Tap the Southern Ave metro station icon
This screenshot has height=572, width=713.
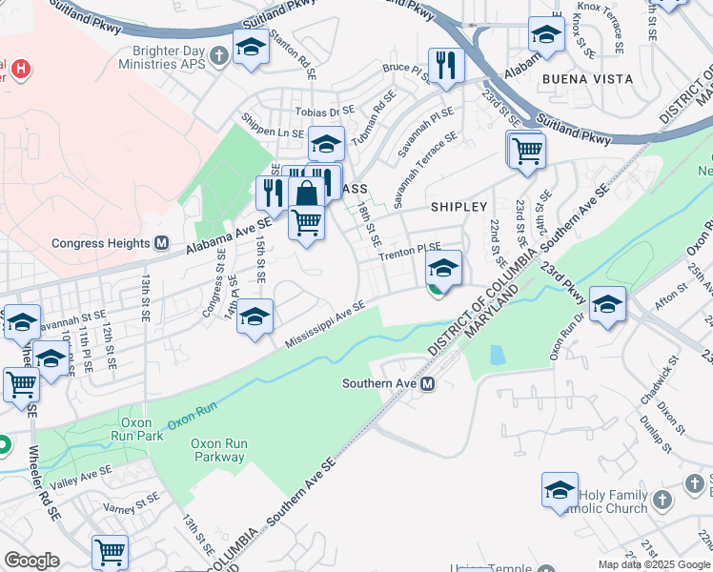point(428,384)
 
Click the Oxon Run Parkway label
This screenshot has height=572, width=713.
point(217,450)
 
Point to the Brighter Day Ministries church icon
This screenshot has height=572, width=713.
point(219,55)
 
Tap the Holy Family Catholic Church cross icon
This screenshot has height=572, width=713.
point(662,500)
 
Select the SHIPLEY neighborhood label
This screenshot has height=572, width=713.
point(458,206)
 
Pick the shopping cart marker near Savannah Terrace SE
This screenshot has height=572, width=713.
point(526,149)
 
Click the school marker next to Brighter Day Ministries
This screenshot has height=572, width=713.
point(251,45)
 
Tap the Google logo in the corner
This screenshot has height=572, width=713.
point(31,560)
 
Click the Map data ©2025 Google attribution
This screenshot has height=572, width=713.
point(654,564)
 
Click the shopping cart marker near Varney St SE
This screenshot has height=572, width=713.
point(111,551)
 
